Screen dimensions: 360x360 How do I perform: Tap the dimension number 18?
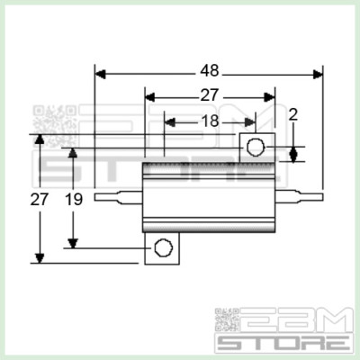click(208, 119)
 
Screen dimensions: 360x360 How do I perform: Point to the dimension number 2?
click(293, 115)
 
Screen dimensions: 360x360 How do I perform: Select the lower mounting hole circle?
click(162, 247)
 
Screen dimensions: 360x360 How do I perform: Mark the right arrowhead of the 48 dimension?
click(316, 72)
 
